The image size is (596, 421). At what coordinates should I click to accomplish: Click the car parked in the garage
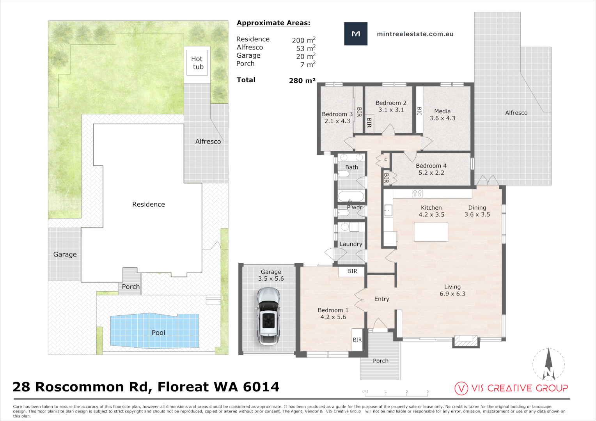[268, 316]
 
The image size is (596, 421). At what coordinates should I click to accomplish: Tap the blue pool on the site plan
[154, 331]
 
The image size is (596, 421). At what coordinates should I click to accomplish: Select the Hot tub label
[197, 63]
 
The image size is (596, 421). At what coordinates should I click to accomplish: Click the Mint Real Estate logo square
[356, 34]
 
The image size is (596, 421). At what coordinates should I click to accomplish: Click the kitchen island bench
[431, 232]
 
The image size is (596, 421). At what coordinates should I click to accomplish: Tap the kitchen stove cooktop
[417, 194]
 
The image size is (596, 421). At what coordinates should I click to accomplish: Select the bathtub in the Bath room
[351, 196]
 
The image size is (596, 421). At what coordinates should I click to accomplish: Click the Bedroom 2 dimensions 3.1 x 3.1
[391, 110]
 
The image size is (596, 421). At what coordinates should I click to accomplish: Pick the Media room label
[442, 111]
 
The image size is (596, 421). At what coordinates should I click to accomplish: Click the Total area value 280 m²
[302, 80]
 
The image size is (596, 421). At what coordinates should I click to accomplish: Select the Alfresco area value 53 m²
[306, 48]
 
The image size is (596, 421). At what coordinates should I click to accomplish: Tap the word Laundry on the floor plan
[351, 244]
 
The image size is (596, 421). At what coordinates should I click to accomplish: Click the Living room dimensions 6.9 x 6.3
[452, 294]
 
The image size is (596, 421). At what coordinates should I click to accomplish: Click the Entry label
[381, 299]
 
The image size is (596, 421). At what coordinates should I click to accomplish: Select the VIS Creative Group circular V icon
[461, 389]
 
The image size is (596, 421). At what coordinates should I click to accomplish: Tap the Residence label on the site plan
[149, 204]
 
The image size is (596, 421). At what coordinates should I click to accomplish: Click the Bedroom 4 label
[431, 166]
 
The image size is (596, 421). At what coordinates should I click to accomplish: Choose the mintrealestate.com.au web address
[415, 34]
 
